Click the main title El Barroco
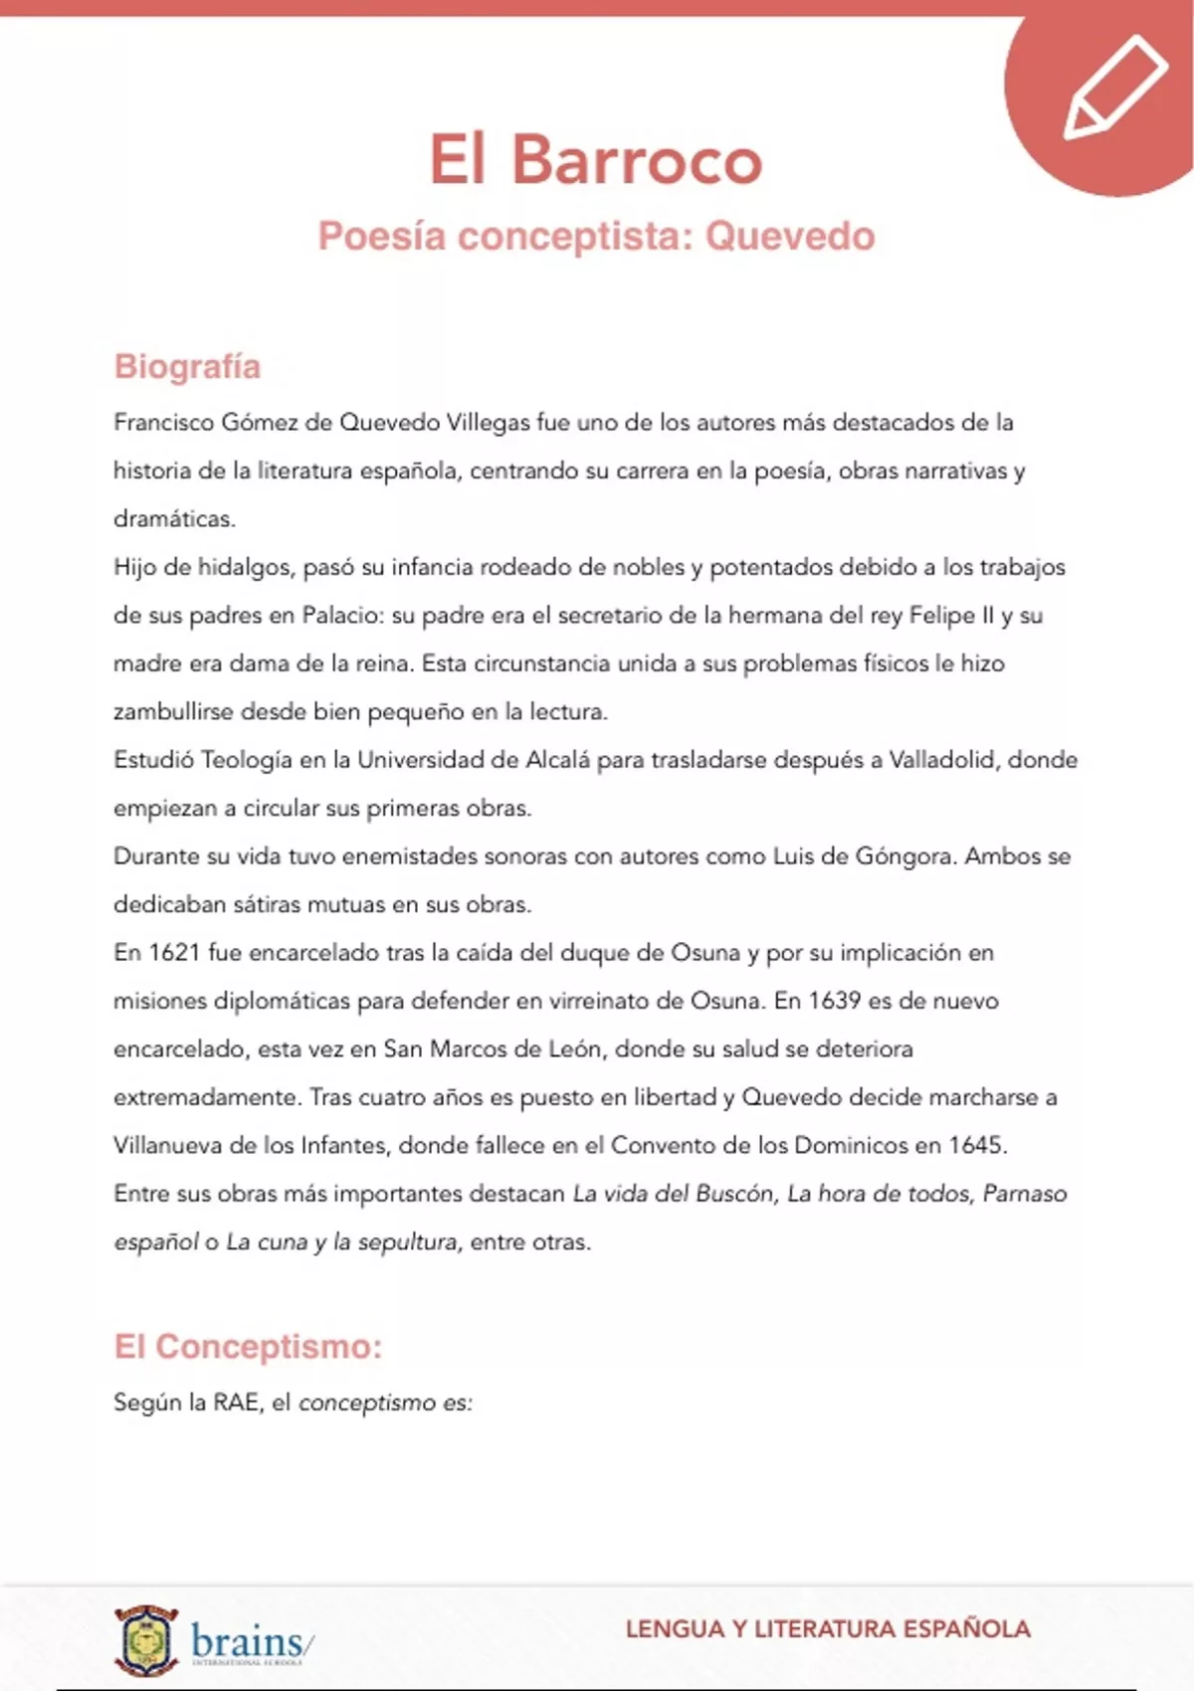(x=595, y=159)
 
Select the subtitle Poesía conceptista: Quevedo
(x=596, y=237)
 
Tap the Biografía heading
(x=187, y=366)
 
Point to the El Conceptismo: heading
(x=248, y=1346)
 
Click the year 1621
(x=174, y=953)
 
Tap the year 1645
(x=976, y=1145)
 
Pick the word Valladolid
(x=941, y=760)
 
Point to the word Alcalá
(x=557, y=760)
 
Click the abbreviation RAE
(x=236, y=1403)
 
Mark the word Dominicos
(x=852, y=1145)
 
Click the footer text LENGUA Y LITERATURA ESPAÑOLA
(x=828, y=1629)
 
